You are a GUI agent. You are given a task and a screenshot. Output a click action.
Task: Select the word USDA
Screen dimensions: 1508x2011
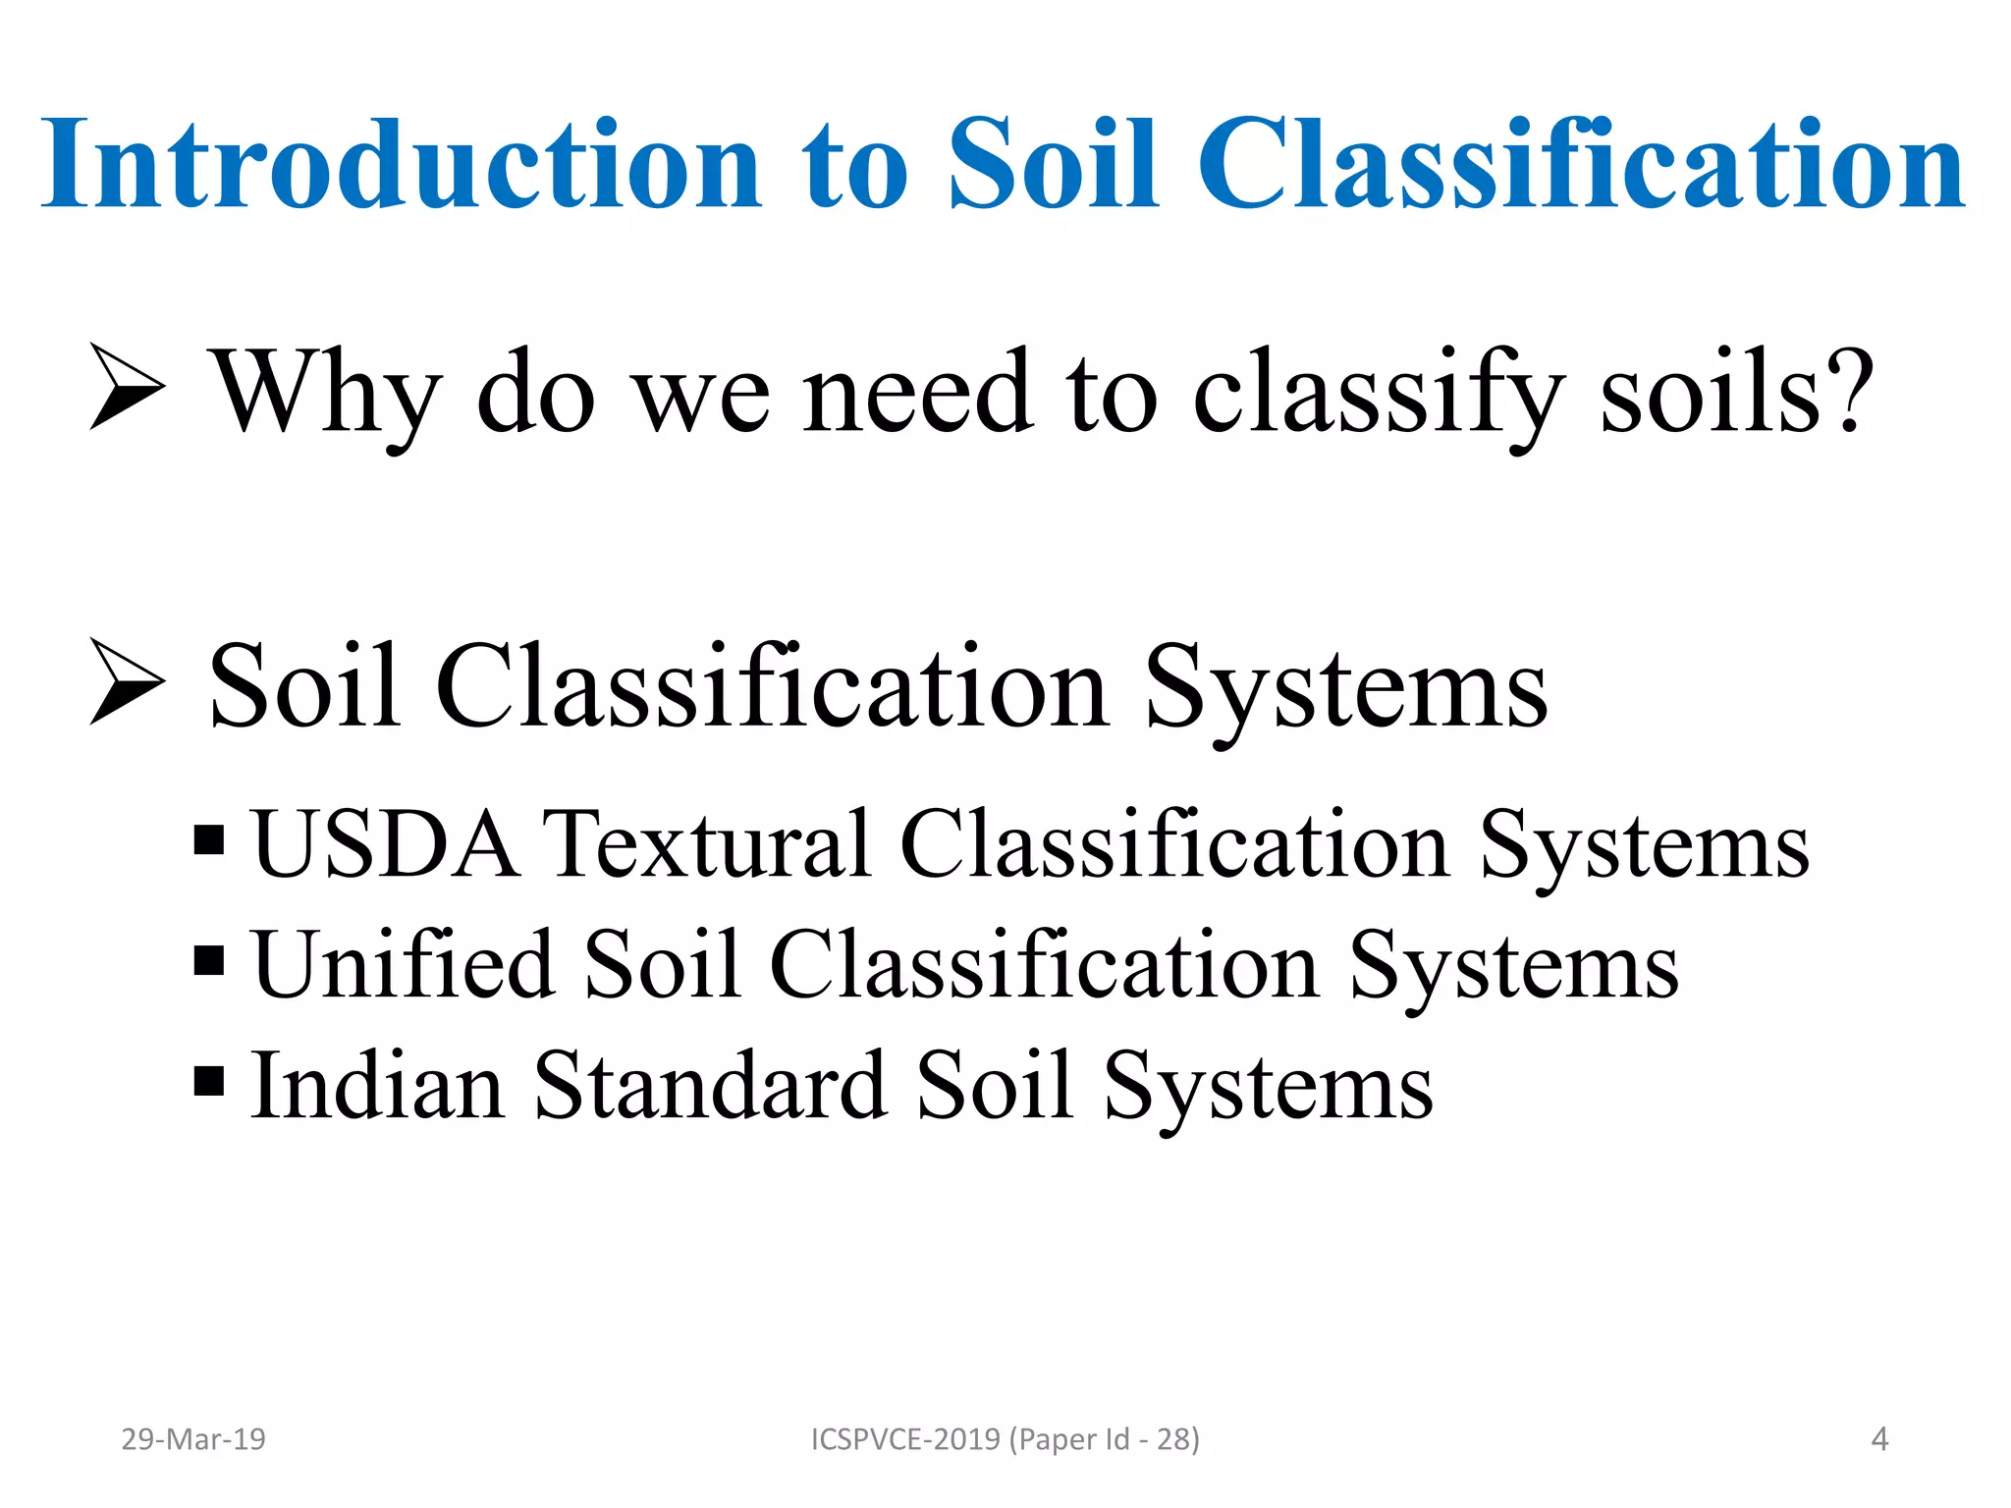pos(385,844)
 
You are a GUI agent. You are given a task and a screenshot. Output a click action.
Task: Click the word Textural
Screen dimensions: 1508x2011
pos(707,844)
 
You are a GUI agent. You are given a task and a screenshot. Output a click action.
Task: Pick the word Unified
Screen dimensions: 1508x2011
pos(403,966)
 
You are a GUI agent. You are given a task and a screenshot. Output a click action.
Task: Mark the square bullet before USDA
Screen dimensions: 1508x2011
pos(209,840)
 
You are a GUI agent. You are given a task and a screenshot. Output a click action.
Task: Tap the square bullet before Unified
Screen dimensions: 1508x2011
pos(209,960)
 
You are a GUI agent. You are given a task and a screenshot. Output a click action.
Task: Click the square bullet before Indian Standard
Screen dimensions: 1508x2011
pos(209,1081)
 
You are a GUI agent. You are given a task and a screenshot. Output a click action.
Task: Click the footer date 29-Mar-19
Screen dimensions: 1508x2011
pos(193,1439)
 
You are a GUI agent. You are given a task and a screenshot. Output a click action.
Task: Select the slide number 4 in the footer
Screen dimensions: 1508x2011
pos(1879,1439)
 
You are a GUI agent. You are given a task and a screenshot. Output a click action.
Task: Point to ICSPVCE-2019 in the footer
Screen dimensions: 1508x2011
pos(905,1439)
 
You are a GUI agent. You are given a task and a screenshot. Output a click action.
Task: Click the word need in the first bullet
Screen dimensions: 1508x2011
pos(918,393)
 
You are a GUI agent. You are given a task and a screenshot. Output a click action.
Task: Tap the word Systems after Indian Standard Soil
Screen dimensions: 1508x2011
pos(1268,1088)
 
